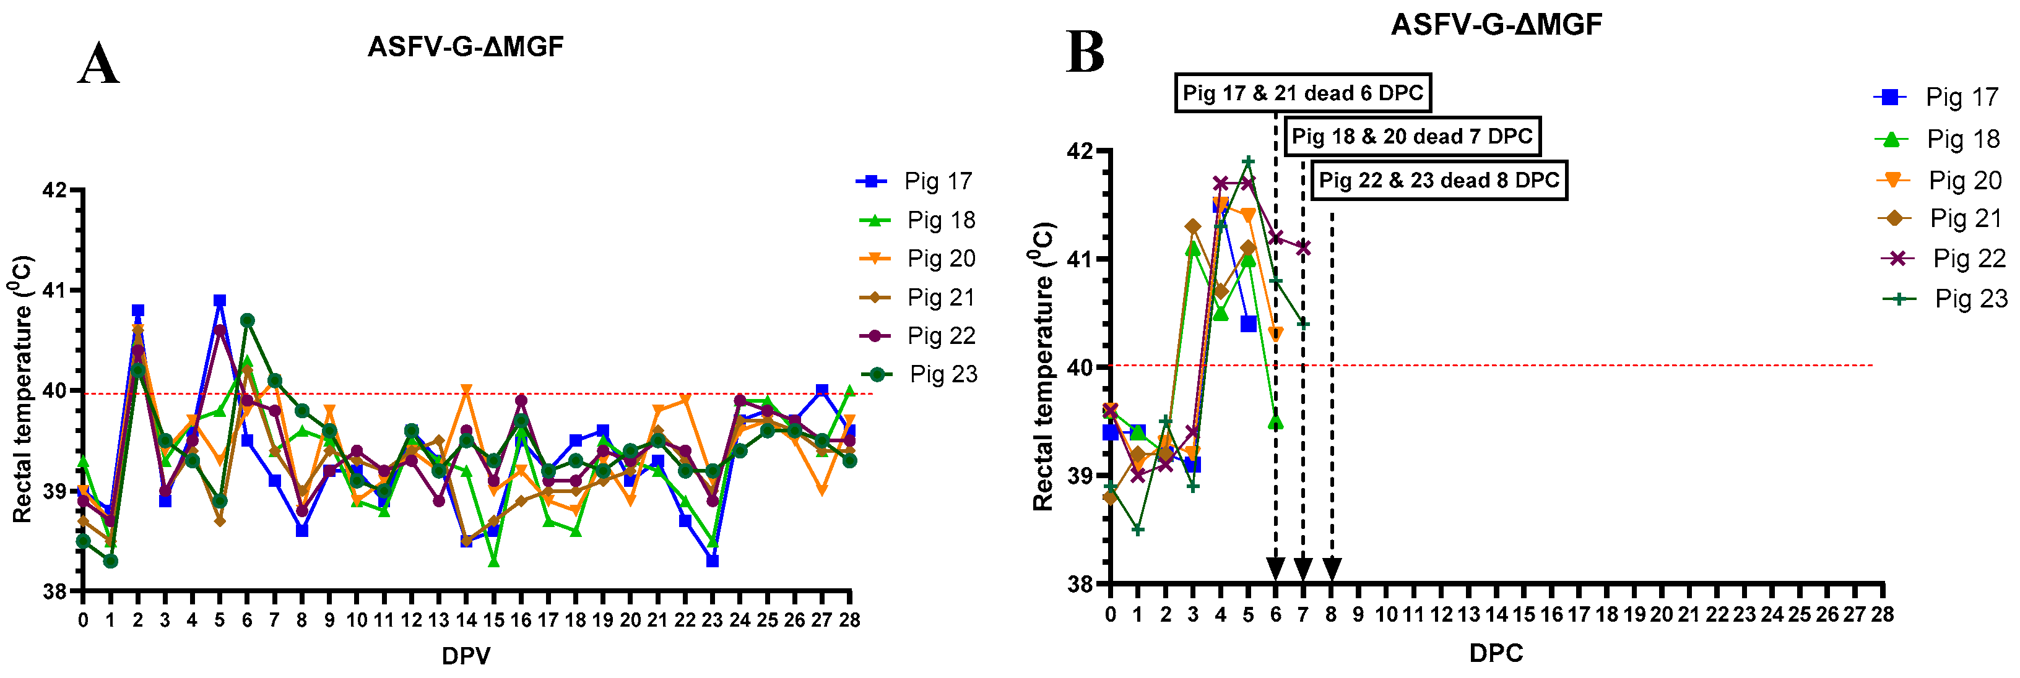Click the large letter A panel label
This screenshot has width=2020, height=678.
99,64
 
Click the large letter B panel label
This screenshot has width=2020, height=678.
1085,53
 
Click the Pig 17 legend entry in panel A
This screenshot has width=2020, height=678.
915,181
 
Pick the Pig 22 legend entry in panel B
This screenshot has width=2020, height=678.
1944,258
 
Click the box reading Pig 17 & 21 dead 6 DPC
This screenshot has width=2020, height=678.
1303,93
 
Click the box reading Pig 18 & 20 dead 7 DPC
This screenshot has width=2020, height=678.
1411,136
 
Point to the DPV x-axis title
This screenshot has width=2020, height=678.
466,655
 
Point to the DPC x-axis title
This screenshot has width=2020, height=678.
1496,652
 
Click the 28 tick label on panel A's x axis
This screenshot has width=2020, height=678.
849,620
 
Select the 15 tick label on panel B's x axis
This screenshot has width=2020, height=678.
1524,614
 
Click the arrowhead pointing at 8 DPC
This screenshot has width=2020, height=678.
1332,569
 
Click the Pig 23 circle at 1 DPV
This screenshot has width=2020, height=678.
111,561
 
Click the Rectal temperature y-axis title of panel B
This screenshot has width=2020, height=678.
1043,367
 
